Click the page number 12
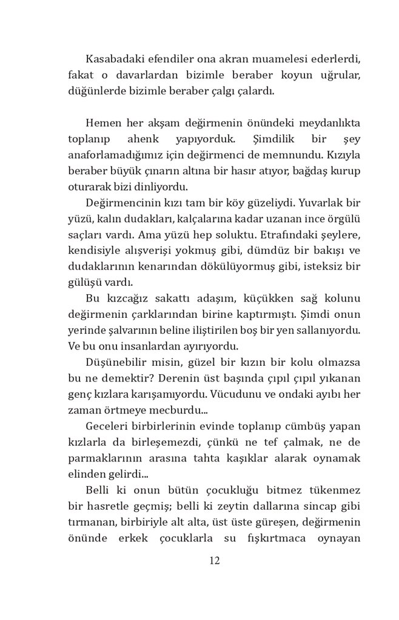(214, 561)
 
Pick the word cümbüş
(289, 426)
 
